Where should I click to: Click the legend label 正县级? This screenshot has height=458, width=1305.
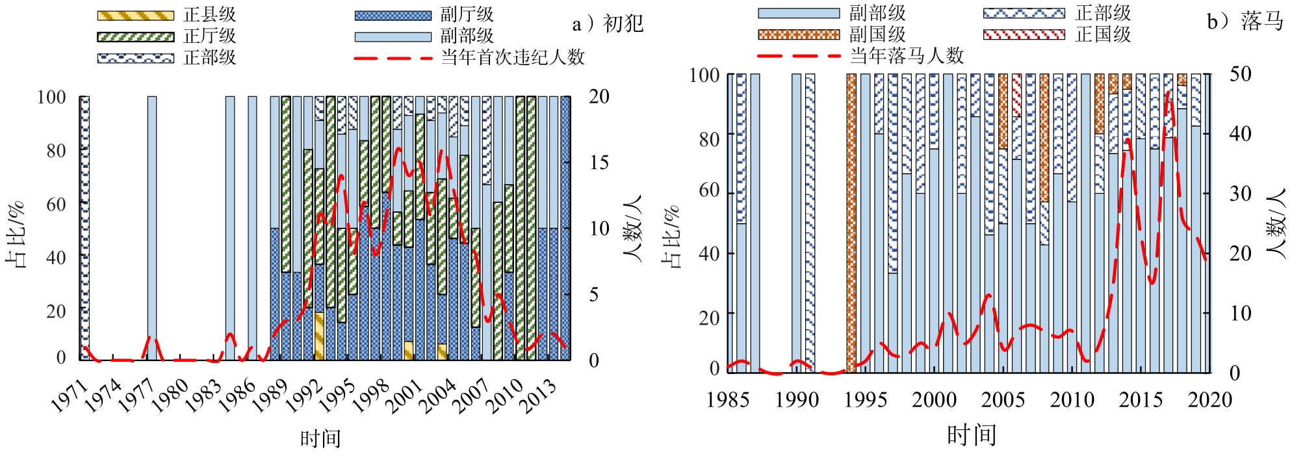209,15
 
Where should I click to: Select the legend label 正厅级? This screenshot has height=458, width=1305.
209,36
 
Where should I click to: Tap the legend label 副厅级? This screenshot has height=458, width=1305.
467,15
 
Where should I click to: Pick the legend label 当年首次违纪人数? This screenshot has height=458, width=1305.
513,58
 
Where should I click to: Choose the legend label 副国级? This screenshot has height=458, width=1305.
877,34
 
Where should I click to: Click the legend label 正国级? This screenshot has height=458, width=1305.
1103,34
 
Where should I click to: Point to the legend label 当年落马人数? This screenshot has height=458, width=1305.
907,56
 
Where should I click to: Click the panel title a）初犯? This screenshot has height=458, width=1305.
608,24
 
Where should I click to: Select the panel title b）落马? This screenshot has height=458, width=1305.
1245,21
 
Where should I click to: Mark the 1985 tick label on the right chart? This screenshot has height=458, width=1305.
728,399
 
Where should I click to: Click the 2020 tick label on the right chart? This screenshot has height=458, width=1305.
1209,399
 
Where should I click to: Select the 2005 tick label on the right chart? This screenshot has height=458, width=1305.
1003,399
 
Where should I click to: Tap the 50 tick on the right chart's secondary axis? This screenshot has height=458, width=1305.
1240,74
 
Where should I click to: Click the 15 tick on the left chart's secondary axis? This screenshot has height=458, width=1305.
599,163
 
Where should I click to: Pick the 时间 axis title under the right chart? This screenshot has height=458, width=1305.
971,435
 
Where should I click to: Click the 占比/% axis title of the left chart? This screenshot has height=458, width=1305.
16,235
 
